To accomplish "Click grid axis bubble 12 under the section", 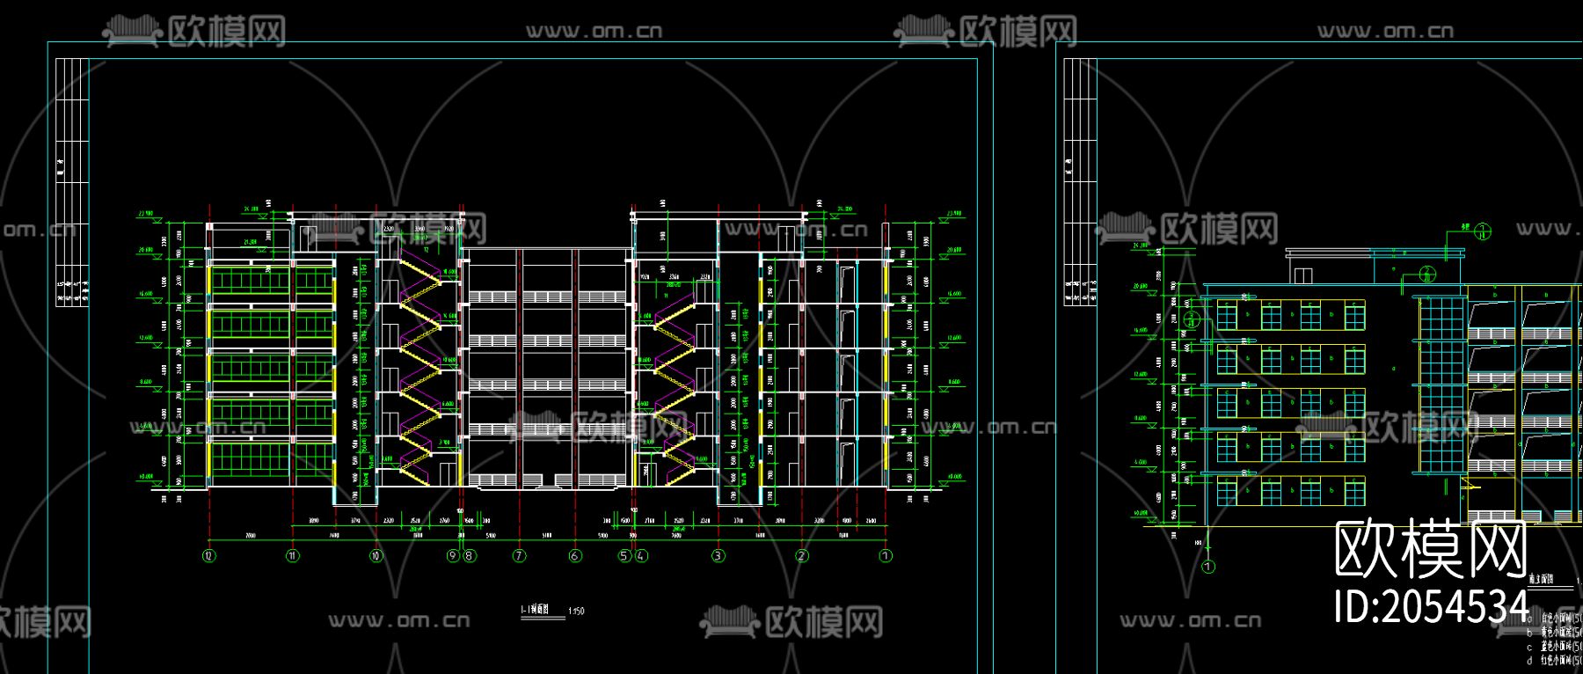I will click(208, 555).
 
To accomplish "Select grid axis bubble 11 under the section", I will click(293, 555).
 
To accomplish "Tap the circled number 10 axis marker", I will click(376, 555).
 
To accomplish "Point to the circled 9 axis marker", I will click(453, 555).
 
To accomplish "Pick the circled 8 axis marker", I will click(470, 555).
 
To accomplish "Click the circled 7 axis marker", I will click(520, 555).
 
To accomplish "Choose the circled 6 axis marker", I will click(575, 555).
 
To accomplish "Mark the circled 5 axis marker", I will click(624, 555).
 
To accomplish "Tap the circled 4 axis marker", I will click(641, 555).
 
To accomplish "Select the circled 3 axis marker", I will click(719, 555).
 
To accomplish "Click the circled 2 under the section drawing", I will click(801, 555).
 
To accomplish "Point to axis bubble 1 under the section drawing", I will click(886, 555).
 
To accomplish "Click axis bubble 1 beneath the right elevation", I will click(1208, 567).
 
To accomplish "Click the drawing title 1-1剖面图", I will click(535, 610).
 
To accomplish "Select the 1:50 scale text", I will click(576, 611).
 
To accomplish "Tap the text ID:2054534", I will click(1433, 606).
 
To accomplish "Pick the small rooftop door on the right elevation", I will click(1302, 275).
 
